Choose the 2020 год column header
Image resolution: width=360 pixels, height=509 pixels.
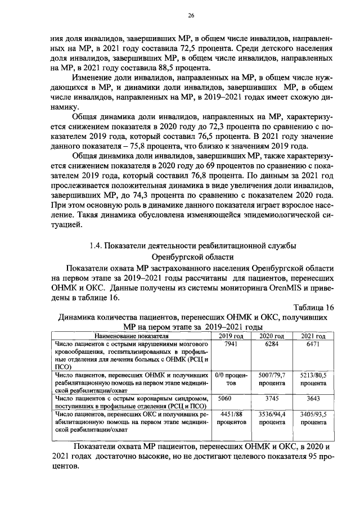pos(271,335)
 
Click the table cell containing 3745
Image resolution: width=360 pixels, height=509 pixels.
pos(271,398)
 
